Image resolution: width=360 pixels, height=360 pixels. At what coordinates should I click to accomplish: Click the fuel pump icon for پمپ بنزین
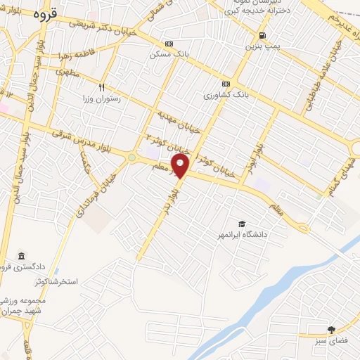262,35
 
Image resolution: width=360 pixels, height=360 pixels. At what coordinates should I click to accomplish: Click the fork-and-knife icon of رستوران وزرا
101,88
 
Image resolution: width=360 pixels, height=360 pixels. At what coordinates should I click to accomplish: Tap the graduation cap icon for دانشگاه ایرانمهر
241,223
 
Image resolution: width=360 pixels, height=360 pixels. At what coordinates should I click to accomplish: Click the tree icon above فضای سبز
331,329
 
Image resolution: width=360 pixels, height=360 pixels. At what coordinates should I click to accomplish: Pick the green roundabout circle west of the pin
131,157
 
